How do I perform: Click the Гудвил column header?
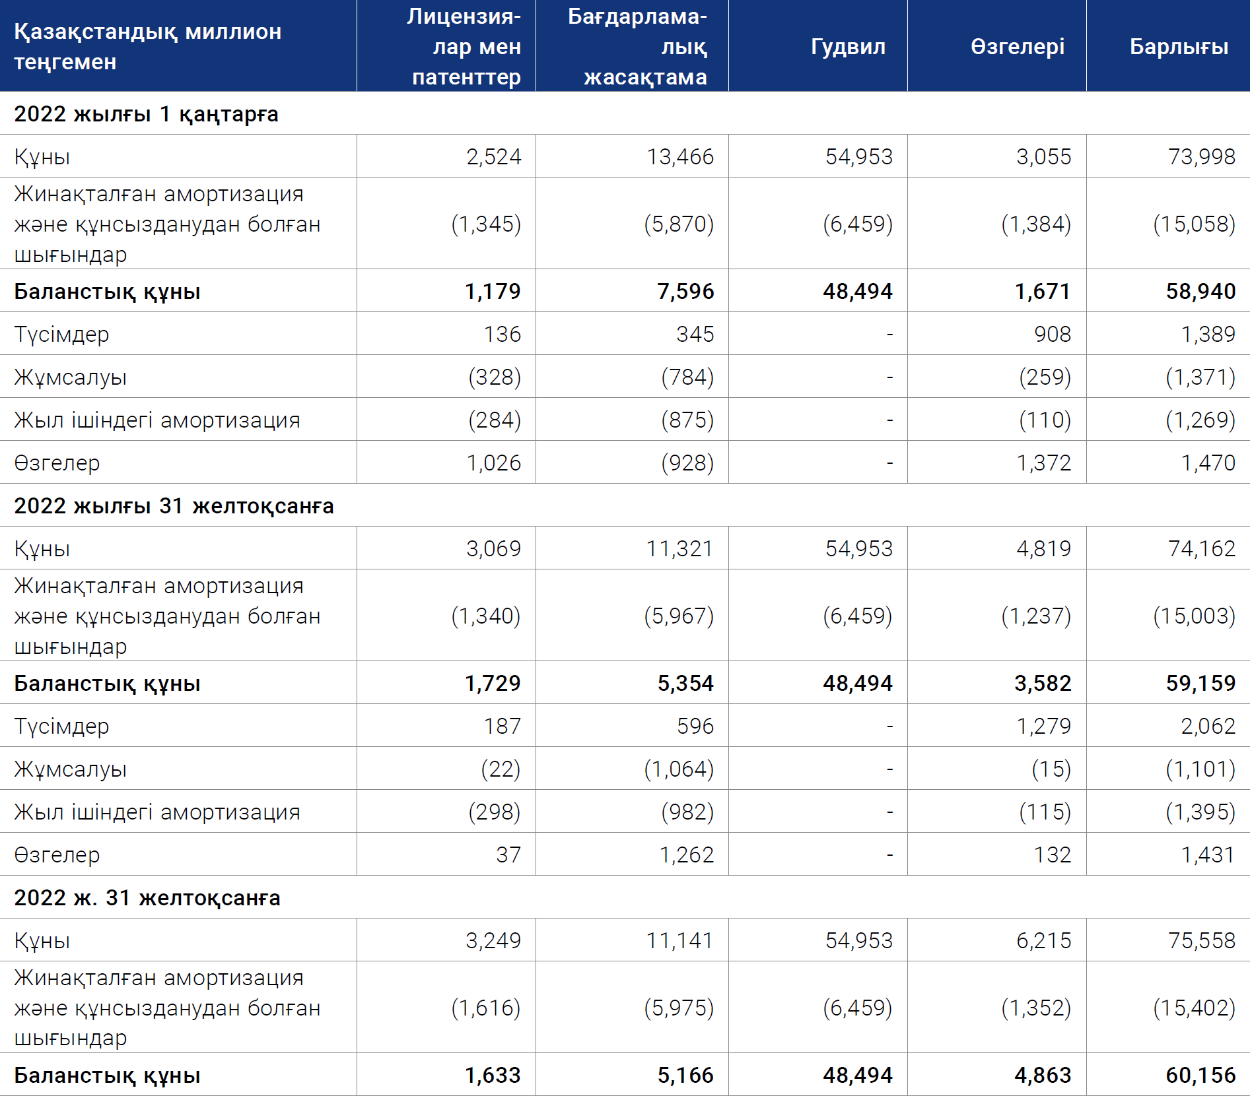848,47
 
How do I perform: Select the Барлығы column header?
1179,47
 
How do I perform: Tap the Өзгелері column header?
1018,47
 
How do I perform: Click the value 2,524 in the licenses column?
493,156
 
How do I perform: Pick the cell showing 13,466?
680,156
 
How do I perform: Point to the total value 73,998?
1201,156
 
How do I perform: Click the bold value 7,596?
685,291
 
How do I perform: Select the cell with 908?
1053,334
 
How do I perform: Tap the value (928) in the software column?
687,463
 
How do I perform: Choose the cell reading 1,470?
1208,463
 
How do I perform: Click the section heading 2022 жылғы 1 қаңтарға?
146,114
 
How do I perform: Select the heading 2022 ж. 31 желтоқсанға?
147,898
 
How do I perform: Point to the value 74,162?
1201,548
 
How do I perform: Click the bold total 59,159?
1200,683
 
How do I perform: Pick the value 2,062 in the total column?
1208,726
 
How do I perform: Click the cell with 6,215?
1043,940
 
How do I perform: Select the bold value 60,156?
1200,1075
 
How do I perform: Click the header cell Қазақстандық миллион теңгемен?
148,46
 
